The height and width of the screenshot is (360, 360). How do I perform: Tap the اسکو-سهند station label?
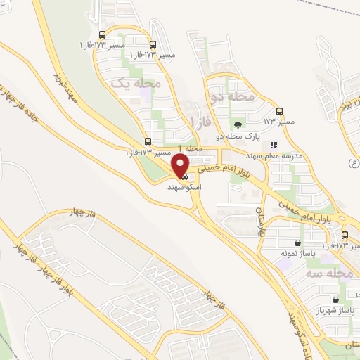[x=181, y=189]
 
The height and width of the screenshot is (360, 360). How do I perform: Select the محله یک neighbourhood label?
[x=136, y=83]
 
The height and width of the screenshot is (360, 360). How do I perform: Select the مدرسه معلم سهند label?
[x=274, y=156]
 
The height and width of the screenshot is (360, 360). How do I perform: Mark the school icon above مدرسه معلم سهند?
[x=274, y=146]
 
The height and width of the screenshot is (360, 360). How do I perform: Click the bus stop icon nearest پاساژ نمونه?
[x=345, y=236]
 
